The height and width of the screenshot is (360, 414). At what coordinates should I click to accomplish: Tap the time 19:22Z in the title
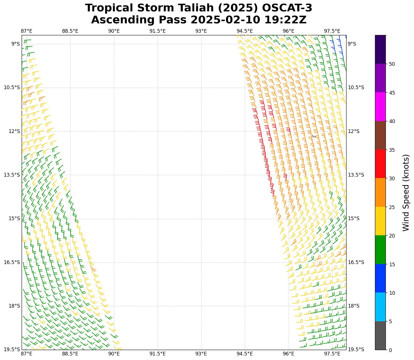click(285, 20)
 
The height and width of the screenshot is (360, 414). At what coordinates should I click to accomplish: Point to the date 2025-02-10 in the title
click(226, 20)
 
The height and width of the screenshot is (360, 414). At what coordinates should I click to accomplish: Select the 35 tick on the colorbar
click(392, 150)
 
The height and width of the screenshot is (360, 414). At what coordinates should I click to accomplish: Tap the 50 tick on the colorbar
click(392, 64)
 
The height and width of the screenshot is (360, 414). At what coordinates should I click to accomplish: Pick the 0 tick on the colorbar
click(390, 350)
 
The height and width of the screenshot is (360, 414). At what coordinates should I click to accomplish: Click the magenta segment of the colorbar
click(380, 107)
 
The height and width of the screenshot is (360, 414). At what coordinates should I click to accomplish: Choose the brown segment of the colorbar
click(380, 136)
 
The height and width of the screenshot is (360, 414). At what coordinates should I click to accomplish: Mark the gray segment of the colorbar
click(380, 336)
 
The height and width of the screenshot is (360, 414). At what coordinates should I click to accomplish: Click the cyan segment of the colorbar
click(380, 307)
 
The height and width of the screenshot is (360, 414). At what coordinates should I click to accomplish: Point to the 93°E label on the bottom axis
click(201, 354)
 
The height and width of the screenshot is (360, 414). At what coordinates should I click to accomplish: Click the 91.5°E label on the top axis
click(157, 31)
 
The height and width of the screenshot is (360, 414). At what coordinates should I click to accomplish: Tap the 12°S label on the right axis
click(354, 131)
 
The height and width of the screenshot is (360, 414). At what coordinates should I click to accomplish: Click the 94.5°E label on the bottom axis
click(245, 354)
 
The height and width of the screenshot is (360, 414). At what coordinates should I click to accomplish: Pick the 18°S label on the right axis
click(354, 306)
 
